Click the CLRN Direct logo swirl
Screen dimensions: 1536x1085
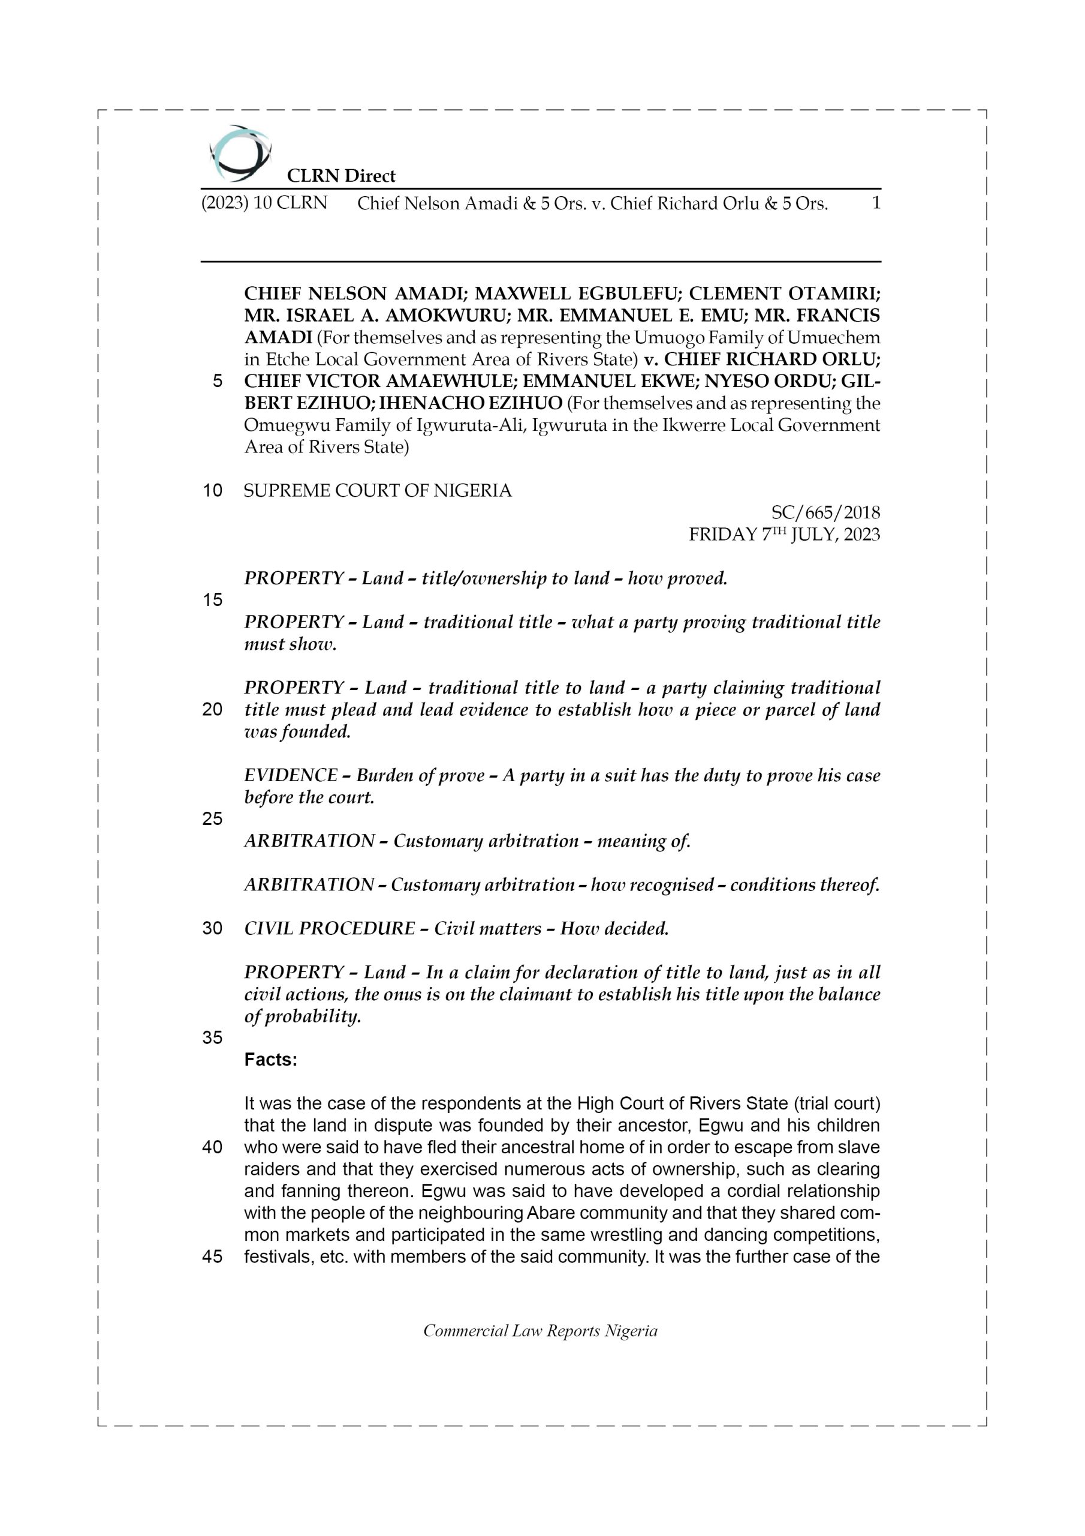click(x=240, y=154)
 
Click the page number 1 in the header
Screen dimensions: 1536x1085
click(x=876, y=203)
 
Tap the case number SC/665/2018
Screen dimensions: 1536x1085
click(x=825, y=512)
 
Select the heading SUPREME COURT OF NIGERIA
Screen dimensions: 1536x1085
click(x=377, y=491)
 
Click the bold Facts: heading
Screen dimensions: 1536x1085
click(x=271, y=1060)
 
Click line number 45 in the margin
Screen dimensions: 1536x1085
click(x=212, y=1257)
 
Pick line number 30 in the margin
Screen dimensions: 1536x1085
click(x=212, y=929)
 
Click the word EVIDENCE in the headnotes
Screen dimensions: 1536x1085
click(x=290, y=775)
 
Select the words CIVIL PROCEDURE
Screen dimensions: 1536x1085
click(x=330, y=929)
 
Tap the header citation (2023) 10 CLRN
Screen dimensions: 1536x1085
click(x=264, y=203)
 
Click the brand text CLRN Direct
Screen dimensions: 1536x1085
click(x=341, y=176)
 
